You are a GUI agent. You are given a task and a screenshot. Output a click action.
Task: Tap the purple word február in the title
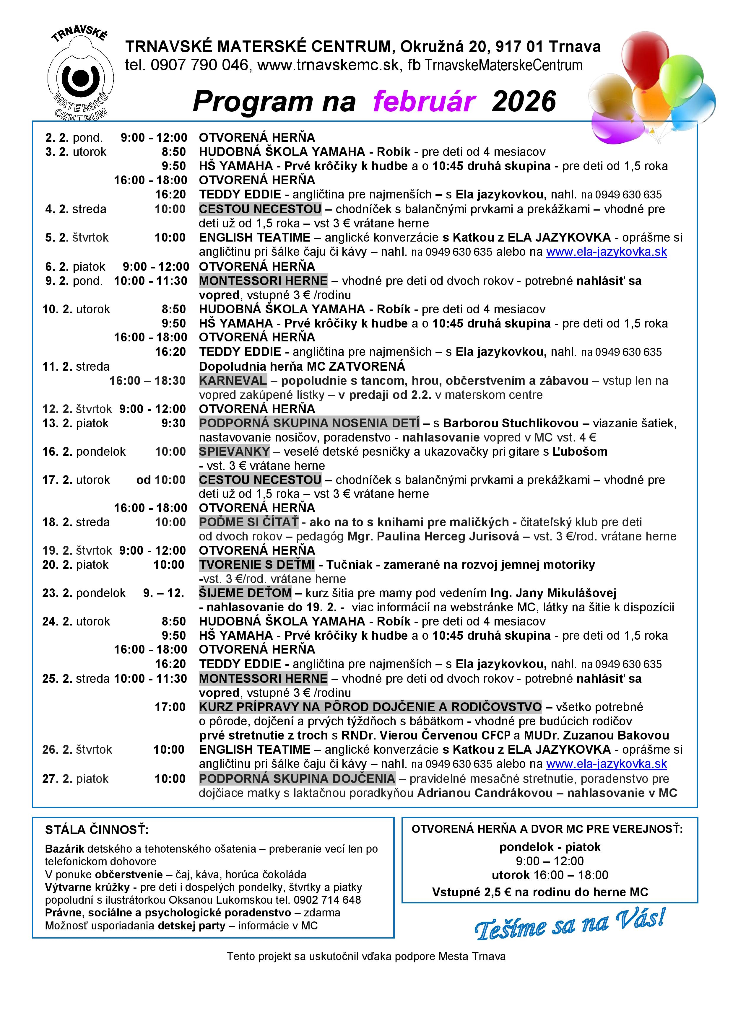(424, 101)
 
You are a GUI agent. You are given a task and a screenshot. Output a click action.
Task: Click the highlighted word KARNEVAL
(233, 380)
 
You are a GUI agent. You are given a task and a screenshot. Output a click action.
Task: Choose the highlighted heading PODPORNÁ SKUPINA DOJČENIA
(297, 778)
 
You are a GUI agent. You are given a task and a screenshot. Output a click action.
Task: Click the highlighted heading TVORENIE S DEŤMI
(257, 564)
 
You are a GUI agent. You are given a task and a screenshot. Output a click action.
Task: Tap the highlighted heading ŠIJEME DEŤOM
(245, 593)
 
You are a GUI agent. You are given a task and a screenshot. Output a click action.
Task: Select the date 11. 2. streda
(76, 366)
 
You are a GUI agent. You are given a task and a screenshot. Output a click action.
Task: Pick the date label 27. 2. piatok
(75, 779)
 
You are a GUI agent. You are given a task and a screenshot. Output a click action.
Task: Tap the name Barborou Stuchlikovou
(511, 423)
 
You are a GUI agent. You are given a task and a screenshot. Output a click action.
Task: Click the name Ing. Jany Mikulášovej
(553, 593)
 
